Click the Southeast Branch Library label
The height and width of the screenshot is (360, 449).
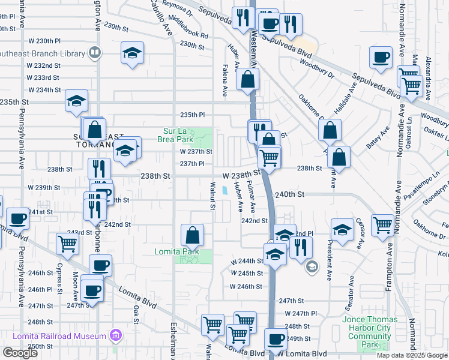click(42, 53)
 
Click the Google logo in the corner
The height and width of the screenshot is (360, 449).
click(20, 353)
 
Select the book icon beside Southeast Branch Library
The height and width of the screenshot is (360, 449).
click(94, 53)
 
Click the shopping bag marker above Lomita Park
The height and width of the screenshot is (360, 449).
click(192, 234)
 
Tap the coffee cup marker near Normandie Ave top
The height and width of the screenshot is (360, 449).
click(381, 58)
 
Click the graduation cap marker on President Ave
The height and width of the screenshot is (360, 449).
click(342, 230)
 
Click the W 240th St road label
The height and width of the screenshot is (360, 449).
click(291, 195)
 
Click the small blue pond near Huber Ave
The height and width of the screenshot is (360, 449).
click(224, 191)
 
